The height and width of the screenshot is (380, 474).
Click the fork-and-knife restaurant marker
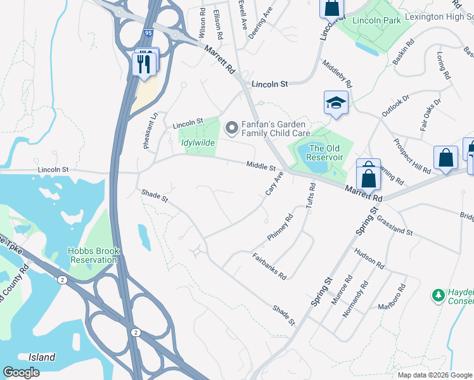pos(144,64)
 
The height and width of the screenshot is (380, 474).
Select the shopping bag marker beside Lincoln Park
pos(331,9)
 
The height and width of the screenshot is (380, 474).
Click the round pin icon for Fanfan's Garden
pos(231,129)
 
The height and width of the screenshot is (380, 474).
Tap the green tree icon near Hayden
pos(437,295)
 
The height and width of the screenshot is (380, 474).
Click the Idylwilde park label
pos(198,143)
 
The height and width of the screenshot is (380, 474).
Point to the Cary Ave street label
pos(273,184)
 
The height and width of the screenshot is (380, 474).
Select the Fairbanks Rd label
pos(269,267)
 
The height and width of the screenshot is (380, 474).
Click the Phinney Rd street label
pos(280,227)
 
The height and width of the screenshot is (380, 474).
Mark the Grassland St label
pos(394,225)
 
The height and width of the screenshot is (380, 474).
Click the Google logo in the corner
pos(21,372)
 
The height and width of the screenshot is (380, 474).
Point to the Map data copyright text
pos(434,375)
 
